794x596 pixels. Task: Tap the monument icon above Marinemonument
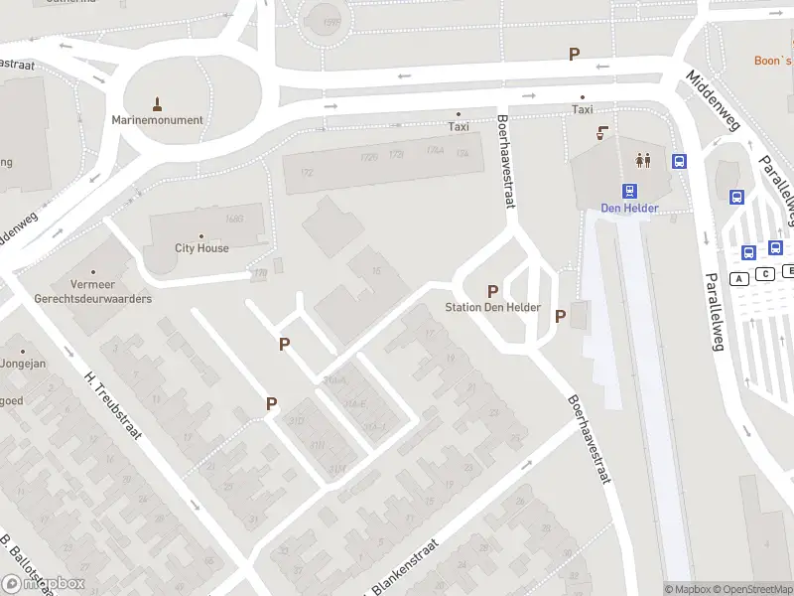(158, 102)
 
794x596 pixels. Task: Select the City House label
(201, 248)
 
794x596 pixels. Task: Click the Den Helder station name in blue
(629, 209)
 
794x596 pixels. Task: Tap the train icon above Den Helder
(629, 191)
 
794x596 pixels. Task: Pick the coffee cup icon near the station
(602, 133)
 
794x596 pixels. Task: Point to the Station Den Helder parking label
(492, 308)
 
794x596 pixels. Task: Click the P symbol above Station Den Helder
(492, 291)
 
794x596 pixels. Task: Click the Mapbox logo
(43, 584)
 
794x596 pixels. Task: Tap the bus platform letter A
(738, 278)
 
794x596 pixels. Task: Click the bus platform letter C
(766, 274)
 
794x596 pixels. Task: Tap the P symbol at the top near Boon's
(574, 55)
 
